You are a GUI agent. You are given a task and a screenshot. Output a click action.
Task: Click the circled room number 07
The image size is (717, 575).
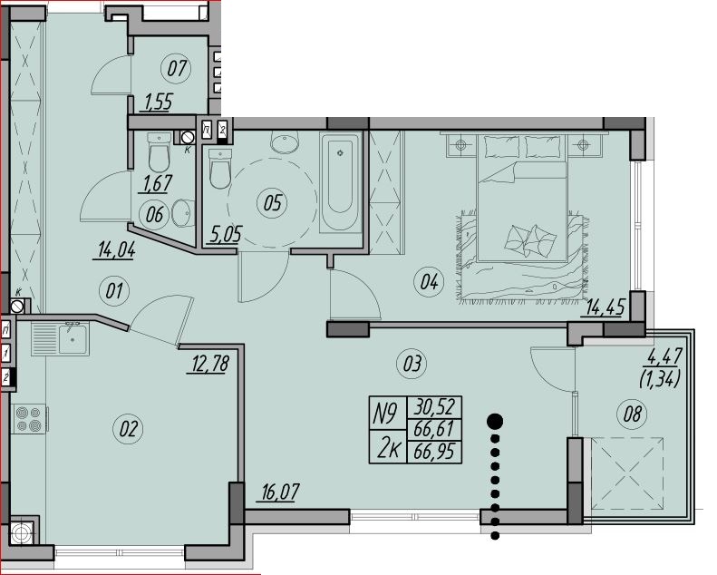[x=177, y=69]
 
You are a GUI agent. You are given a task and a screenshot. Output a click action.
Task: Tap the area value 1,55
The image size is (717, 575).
[x=159, y=102]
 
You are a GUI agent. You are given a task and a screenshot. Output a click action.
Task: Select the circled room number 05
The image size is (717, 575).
[x=273, y=202]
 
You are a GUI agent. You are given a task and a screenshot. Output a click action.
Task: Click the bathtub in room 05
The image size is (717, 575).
[x=341, y=182]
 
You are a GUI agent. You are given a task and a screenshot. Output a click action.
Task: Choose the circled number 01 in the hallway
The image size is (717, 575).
[x=115, y=291]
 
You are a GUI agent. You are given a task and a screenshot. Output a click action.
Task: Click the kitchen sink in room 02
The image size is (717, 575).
[x=61, y=338]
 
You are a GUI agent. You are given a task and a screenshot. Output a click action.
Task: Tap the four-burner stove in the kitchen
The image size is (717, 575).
[x=28, y=419]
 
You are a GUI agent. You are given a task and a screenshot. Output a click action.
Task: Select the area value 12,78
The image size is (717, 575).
[x=208, y=364]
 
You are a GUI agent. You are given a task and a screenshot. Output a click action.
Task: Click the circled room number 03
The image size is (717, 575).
[x=412, y=364]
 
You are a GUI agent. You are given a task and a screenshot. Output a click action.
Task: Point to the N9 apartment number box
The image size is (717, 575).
[x=387, y=413]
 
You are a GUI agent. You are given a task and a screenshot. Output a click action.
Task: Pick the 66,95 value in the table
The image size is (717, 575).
[x=434, y=452]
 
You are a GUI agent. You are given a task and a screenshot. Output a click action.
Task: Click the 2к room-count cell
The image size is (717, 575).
[x=388, y=447]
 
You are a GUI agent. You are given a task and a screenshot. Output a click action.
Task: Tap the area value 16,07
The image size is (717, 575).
[x=280, y=492]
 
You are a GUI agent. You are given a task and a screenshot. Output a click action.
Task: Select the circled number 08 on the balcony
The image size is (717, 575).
[x=632, y=414]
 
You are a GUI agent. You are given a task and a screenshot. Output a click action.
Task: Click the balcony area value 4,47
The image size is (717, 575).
[x=662, y=356]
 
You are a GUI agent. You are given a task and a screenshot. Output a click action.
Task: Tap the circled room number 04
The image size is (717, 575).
[x=430, y=282]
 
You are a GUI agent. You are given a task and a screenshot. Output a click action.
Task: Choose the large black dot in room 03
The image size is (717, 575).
[x=495, y=422]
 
